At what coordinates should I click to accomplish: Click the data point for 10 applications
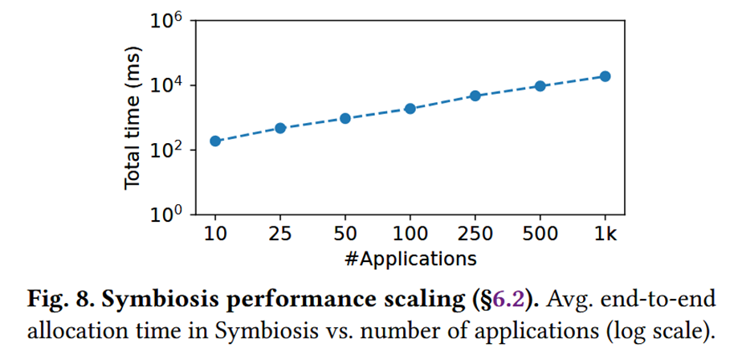(x=215, y=141)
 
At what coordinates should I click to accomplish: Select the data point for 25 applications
(x=280, y=128)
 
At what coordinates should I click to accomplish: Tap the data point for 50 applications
(x=345, y=118)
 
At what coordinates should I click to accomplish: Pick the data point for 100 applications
(x=410, y=108)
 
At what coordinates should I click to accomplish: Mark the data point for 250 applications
(x=475, y=96)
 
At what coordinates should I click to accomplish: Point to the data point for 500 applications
(x=540, y=86)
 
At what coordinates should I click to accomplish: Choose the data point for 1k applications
(x=605, y=76)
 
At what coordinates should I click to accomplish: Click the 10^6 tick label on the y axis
(x=167, y=21)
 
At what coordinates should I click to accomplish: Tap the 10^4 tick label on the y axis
(x=167, y=85)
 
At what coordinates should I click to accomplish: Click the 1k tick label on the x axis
(x=605, y=235)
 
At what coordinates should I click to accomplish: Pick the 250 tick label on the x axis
(x=475, y=235)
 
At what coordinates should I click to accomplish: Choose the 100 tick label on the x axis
(x=410, y=235)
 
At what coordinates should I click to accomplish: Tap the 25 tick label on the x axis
(x=280, y=235)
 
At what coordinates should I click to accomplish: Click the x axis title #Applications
(x=410, y=259)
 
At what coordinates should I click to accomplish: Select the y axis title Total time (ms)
(x=133, y=118)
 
